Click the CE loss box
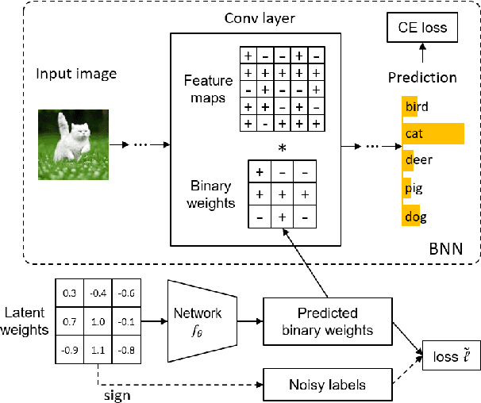click(422, 29)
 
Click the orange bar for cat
click(433, 133)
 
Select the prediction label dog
click(414, 217)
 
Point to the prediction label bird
click(416, 106)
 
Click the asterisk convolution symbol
click(281, 148)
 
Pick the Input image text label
click(75, 75)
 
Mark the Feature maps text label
click(208, 88)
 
